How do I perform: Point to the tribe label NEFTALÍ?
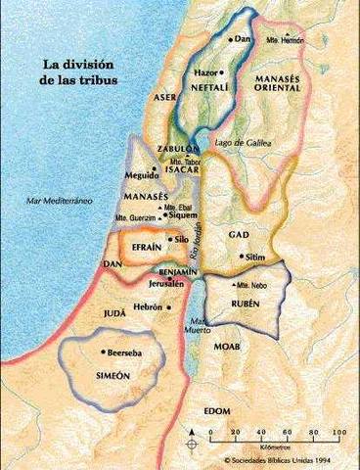click(x=206, y=85)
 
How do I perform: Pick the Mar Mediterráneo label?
click(x=60, y=199)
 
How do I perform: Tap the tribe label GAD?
click(x=239, y=236)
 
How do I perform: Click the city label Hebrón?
click(x=149, y=306)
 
